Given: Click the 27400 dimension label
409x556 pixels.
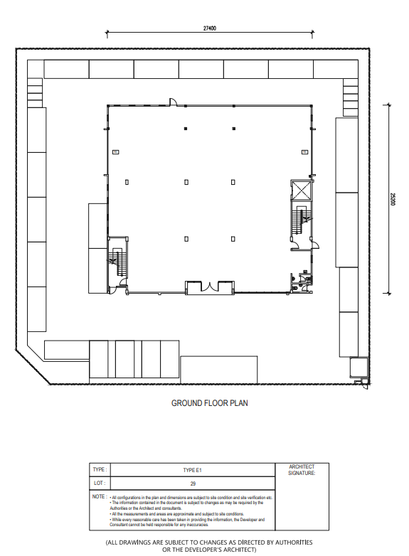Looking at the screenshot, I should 209,28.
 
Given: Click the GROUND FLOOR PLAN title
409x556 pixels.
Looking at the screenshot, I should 209,403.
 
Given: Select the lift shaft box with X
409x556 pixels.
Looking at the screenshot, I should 301,191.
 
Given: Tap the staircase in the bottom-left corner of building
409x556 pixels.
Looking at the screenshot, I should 116,264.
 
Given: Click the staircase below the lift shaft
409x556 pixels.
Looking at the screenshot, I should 300,221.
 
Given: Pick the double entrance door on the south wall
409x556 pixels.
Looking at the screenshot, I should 209,287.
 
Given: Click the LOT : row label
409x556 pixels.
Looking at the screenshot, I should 100,483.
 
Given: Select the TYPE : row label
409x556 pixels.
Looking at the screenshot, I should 100,470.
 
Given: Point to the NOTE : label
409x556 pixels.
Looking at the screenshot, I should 100,496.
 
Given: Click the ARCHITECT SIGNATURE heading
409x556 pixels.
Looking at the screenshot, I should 302,469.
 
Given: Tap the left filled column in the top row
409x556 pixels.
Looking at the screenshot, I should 185,129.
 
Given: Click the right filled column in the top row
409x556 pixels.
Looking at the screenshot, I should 234,129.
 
